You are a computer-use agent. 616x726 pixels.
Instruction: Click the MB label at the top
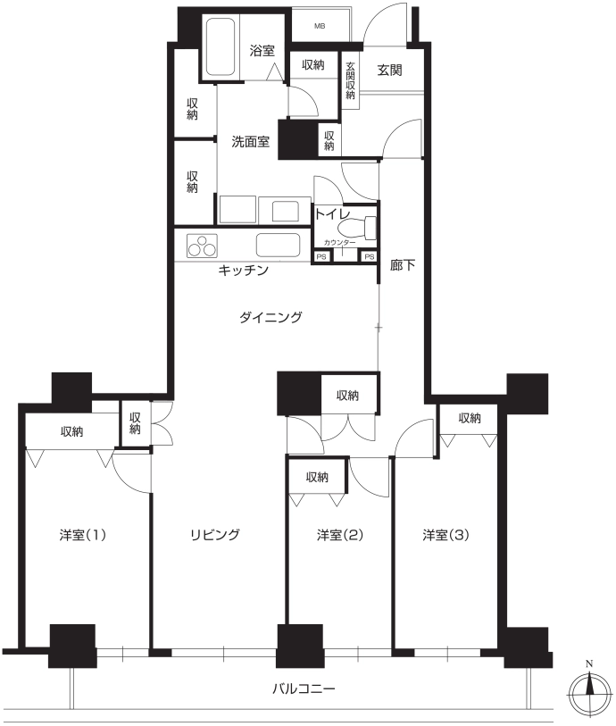tap(320, 27)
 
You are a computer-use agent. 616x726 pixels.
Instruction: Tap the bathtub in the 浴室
tap(221, 46)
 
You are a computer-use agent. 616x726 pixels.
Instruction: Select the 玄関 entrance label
tap(389, 71)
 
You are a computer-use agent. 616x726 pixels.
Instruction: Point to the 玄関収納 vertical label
tap(350, 81)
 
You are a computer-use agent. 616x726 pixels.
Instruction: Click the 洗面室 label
tap(250, 142)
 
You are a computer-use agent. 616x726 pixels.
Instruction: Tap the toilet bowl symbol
tap(357, 229)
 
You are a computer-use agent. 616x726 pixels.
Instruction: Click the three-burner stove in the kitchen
tap(202, 246)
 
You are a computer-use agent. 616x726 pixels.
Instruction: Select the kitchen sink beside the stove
tap(279, 245)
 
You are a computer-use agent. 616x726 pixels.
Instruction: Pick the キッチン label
tap(244, 270)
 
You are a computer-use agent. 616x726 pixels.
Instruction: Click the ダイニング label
tap(271, 317)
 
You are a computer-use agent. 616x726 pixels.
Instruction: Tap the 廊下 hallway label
tap(402, 265)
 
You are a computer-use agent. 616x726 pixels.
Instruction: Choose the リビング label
tap(215, 535)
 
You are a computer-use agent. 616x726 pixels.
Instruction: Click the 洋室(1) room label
tap(83, 535)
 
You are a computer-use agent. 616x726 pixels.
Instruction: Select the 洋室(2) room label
tap(340, 535)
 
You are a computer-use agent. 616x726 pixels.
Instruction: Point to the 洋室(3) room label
tap(445, 535)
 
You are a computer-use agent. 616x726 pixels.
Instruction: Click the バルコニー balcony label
tap(304, 689)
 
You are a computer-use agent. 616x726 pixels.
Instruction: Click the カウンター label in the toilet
tap(340, 243)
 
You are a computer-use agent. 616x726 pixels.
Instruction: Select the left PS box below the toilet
tap(321, 256)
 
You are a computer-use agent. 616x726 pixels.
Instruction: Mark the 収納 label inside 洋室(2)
tap(317, 477)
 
